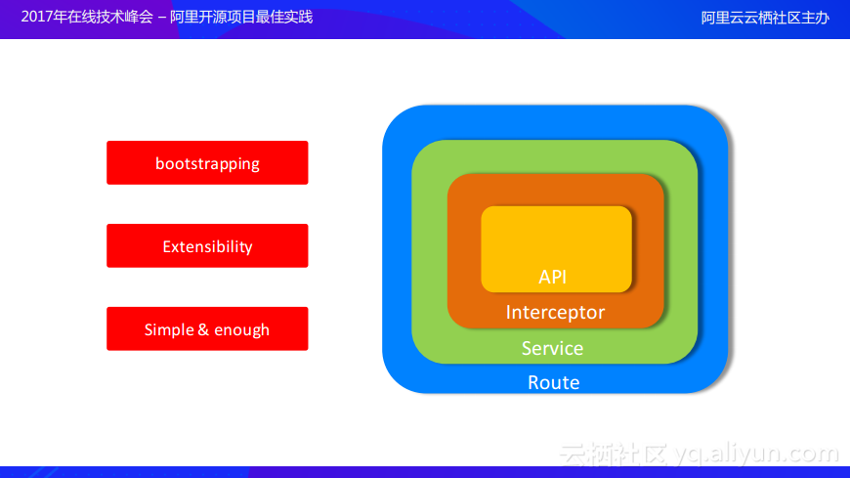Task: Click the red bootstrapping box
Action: click(x=207, y=163)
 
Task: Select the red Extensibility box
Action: click(x=207, y=245)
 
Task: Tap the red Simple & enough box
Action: click(x=207, y=328)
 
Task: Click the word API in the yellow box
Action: click(x=552, y=277)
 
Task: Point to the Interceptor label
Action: click(x=555, y=312)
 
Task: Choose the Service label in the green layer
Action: click(x=552, y=348)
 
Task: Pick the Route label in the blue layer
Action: click(x=553, y=382)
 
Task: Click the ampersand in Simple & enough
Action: click(x=203, y=329)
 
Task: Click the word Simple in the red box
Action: click(x=168, y=329)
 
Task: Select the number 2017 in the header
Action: click(x=37, y=17)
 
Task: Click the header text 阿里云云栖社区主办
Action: click(x=765, y=18)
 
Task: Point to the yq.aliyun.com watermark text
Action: click(x=757, y=454)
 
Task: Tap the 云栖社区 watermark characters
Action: click(x=614, y=455)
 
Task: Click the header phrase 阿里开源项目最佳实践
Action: click(x=241, y=18)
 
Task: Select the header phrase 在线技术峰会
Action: click(x=110, y=18)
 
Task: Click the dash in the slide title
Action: click(x=161, y=18)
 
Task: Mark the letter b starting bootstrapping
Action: click(x=159, y=163)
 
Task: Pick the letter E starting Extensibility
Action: click(x=167, y=247)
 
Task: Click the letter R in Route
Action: click(x=533, y=382)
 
